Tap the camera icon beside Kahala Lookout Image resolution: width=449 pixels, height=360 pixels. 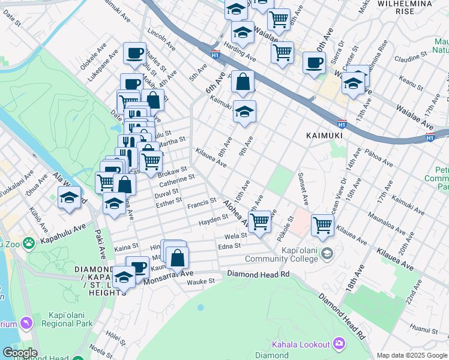(339, 344)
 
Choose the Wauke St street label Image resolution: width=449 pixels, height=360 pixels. (200, 280)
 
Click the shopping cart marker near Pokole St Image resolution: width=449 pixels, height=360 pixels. (322, 225)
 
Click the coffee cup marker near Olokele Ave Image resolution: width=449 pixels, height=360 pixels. (134, 52)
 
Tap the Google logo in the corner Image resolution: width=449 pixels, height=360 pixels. (20, 353)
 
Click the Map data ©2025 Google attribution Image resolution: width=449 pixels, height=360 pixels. (412, 355)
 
